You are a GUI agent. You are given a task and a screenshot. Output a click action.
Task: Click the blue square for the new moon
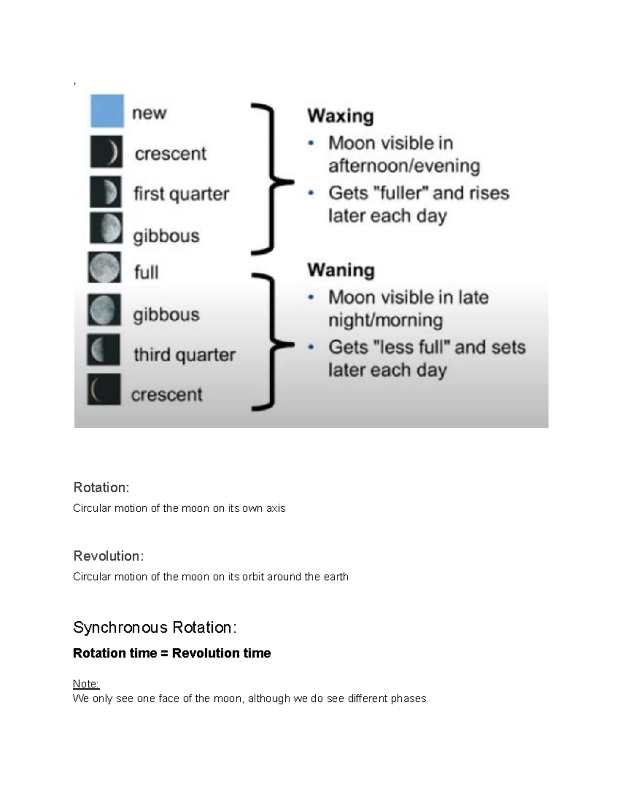[107, 111]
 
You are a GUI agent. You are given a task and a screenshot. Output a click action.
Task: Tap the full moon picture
[104, 268]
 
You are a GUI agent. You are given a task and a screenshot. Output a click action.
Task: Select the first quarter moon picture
[106, 192]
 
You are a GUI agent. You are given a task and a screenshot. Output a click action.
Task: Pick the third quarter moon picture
[103, 350]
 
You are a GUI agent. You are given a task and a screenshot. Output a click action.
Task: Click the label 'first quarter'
[181, 194]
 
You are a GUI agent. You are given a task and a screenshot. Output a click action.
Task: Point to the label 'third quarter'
[184, 355]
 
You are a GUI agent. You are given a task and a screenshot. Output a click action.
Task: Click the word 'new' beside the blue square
[149, 113]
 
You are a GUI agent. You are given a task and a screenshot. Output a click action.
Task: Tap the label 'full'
[146, 272]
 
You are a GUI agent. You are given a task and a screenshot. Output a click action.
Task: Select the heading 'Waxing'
[340, 116]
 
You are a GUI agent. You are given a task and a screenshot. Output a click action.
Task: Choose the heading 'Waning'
[341, 270]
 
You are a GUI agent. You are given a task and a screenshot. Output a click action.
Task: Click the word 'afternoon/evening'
[404, 166]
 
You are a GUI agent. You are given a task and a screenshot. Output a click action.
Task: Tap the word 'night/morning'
[385, 320]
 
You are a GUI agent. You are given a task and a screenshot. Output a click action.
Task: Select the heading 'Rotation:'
[101, 488]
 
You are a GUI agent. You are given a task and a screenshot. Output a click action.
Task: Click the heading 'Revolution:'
[109, 556]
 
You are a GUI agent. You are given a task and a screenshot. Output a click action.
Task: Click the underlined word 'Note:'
[86, 684]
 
